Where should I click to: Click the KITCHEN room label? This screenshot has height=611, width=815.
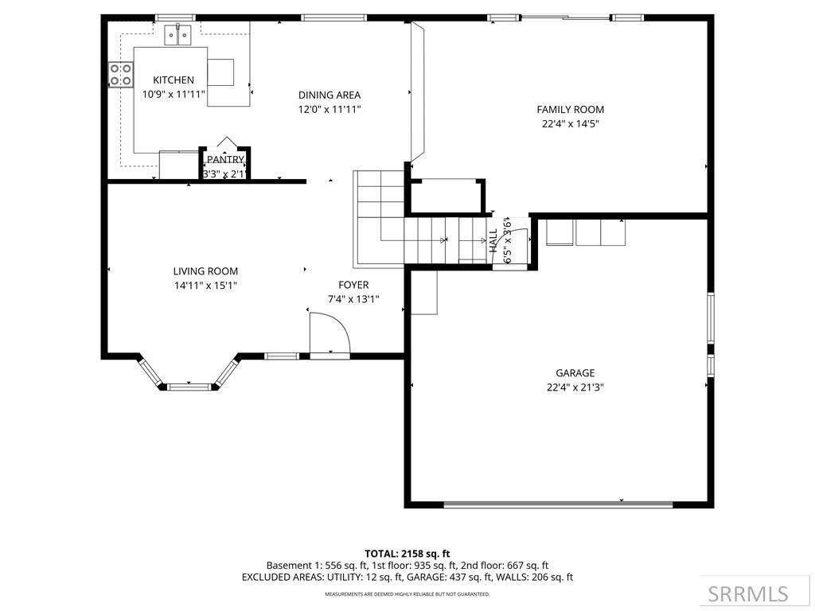174,80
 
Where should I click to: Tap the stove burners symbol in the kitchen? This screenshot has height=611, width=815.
121,75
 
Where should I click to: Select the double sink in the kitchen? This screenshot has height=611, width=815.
179,35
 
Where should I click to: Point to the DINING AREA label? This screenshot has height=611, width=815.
330,95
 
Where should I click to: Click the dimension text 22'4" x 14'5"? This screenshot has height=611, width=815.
570,124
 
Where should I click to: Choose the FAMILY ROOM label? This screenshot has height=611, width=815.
570,110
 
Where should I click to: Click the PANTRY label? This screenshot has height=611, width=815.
225,160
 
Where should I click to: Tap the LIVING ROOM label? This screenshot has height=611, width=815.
205,271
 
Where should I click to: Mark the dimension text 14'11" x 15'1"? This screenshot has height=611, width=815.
205,286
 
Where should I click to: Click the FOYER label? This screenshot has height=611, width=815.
353,285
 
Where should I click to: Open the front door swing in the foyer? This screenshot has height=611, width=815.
329,333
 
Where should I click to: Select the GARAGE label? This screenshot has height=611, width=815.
575,372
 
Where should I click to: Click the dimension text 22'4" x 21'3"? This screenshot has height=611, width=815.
575,387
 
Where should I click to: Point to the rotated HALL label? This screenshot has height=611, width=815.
493,241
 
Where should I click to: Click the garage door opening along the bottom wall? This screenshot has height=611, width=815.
557,504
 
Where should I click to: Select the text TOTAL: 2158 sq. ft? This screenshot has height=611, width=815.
407,553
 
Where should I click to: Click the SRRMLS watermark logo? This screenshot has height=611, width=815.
748,593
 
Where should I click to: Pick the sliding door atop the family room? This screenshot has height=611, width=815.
566,17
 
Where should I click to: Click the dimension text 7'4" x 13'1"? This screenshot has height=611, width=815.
353,300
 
